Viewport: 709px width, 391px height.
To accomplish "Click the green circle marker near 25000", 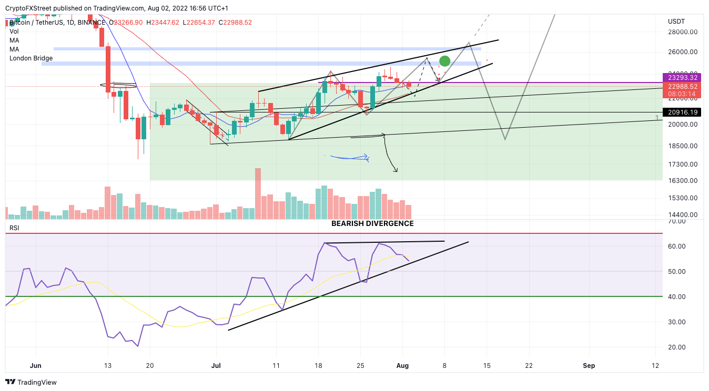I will [445, 61].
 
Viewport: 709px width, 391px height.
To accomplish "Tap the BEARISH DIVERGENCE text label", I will [372, 224].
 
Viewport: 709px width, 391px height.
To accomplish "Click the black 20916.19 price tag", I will [682, 112].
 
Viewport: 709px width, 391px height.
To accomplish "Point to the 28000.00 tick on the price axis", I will [682, 32].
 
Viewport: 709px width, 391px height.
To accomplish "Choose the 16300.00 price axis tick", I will [682, 181].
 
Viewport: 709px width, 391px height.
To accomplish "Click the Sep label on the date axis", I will [589, 366].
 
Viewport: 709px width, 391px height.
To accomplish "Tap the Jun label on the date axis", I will [36, 366].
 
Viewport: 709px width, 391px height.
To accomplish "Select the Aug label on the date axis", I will [402, 366].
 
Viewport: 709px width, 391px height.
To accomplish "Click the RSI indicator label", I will [15, 229].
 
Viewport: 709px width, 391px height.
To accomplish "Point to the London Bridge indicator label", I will [31, 58].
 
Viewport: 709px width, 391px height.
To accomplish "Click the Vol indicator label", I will [14, 32].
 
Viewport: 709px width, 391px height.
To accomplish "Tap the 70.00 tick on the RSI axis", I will [682, 221].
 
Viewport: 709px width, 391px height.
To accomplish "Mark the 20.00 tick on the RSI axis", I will [682, 347].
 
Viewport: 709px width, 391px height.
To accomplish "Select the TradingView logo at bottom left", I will [32, 382].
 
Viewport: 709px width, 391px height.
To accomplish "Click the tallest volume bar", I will [258, 193].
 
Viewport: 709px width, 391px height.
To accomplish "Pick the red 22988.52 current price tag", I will [682, 87].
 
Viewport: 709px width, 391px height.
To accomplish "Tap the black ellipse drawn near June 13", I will [119, 85].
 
